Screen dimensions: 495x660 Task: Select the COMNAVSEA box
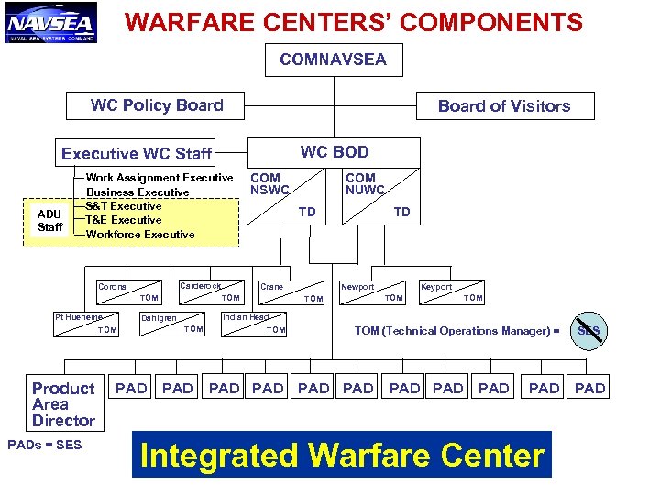[333, 60]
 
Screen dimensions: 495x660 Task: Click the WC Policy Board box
[157, 105]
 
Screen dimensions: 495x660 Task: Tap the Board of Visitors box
[503, 106]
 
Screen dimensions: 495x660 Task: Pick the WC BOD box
[335, 152]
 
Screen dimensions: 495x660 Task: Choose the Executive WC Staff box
[137, 153]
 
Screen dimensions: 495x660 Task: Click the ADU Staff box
[49, 221]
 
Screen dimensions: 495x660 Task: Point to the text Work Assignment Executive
[159, 178]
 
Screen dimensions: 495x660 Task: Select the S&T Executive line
[124, 206]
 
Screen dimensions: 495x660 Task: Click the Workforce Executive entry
[139, 235]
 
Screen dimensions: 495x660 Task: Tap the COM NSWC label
[269, 184]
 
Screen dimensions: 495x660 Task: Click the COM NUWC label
[364, 184]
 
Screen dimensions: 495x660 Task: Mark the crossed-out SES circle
[588, 331]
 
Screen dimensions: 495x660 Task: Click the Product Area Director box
[63, 404]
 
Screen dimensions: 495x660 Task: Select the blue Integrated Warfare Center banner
[342, 455]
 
